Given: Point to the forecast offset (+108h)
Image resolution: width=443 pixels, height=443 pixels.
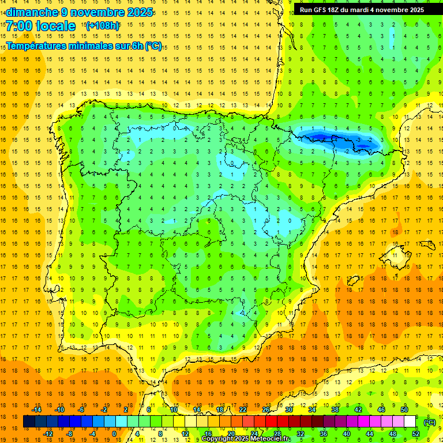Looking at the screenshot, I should pyautogui.click(x=102, y=25).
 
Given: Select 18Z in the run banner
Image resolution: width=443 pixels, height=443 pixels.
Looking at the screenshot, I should pyautogui.click(x=337, y=10).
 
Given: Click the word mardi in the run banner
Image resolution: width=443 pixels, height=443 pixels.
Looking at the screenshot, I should pyautogui.click(x=363, y=10).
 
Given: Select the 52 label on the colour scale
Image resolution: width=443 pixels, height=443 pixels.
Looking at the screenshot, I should pyautogui.click(x=416, y=434).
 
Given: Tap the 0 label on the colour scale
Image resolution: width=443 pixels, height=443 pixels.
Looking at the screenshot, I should pyautogui.click(x=114, y=434).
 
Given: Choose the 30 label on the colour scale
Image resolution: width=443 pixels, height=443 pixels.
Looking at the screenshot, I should pyautogui.click(x=289, y=410).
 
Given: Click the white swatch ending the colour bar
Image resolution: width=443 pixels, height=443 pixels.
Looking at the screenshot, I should pyautogui.click(x=410, y=422).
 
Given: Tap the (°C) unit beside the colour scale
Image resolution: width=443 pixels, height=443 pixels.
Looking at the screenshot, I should pyautogui.click(x=430, y=422).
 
